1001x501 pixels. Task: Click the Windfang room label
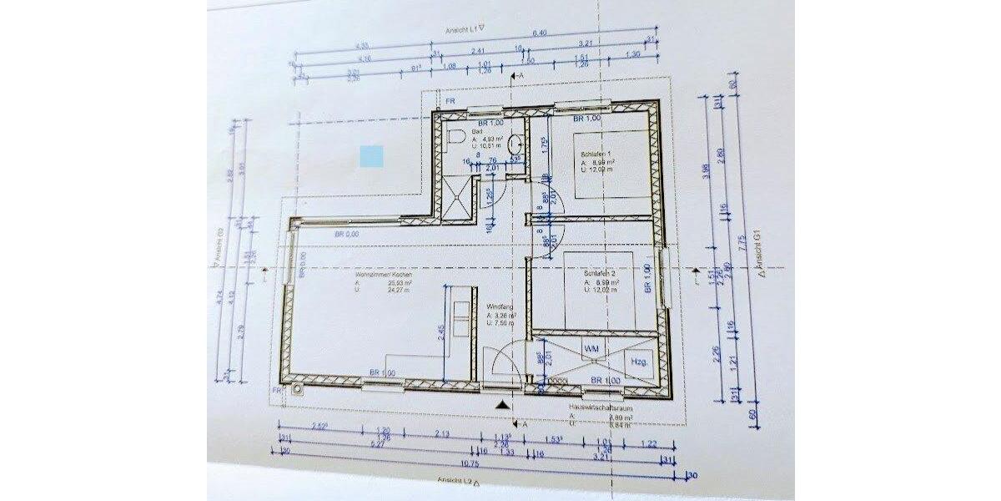(x=499, y=307)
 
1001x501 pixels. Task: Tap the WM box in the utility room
(x=591, y=347)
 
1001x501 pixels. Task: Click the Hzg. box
(x=640, y=362)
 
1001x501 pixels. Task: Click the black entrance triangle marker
(x=500, y=405)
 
